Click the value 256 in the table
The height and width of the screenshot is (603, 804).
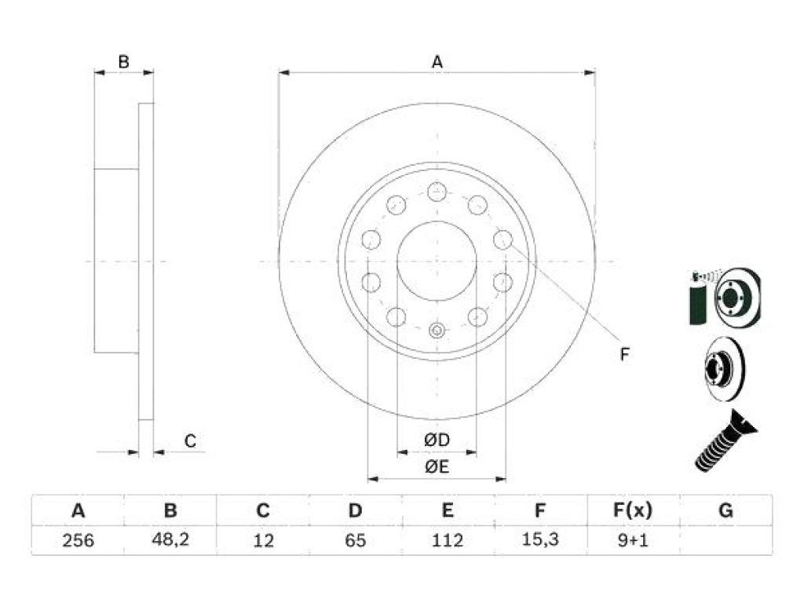tap(78, 540)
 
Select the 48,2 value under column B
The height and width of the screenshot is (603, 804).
tap(170, 539)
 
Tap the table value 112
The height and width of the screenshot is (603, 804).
tap(447, 540)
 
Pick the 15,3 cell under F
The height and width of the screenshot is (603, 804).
tap(540, 539)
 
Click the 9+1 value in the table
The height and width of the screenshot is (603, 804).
tap(633, 540)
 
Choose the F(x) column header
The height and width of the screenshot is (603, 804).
tap(633, 510)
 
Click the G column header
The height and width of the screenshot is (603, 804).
tap(725, 510)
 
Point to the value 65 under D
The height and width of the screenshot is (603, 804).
tap(356, 540)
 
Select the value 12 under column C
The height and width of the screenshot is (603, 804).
tap(263, 540)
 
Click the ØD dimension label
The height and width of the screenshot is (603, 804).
tap(437, 440)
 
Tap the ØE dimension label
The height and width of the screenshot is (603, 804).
tap(437, 466)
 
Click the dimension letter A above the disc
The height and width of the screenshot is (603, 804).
tap(437, 62)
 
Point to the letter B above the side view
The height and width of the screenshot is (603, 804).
tap(123, 62)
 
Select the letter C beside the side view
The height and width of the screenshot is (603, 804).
tap(190, 441)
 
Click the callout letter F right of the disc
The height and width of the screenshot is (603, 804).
tap(624, 354)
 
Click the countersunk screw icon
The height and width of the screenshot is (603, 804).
tap(725, 440)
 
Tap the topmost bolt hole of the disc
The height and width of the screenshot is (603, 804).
tap(437, 192)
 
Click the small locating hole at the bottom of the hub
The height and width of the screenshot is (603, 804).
tap(437, 331)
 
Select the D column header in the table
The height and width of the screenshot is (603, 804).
tap(356, 510)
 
